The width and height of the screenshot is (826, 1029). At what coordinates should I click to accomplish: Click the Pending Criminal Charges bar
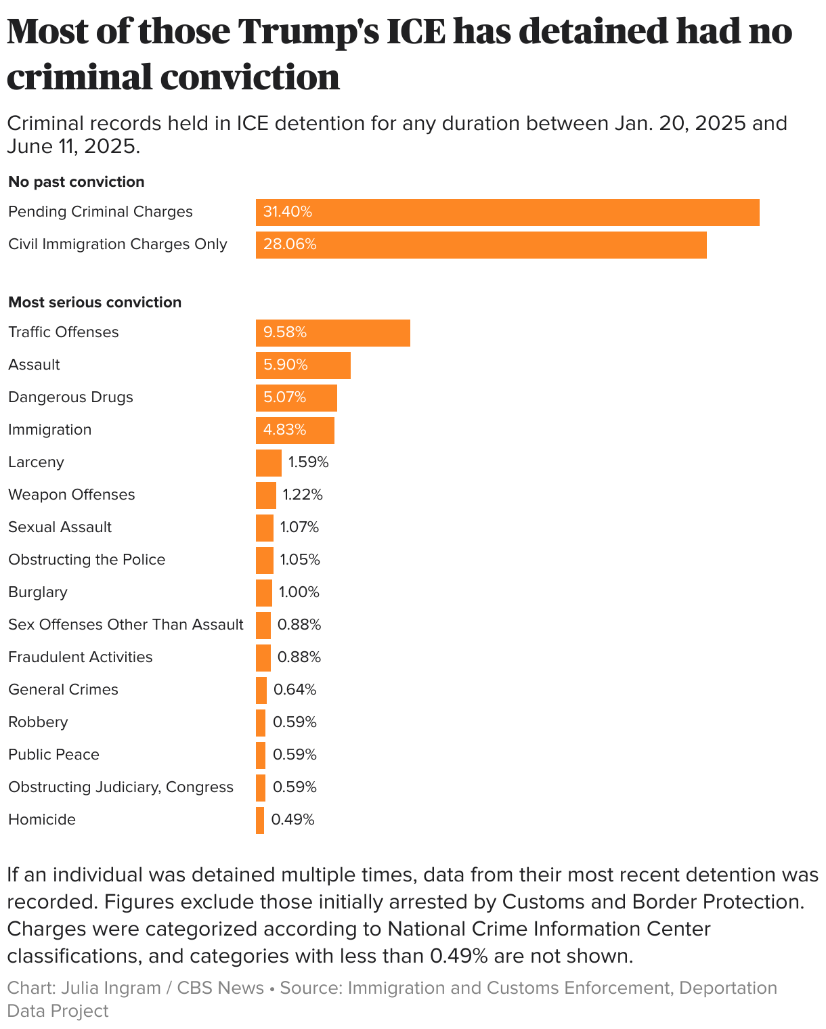point(508,212)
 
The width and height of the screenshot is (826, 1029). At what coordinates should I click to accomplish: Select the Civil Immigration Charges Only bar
point(481,244)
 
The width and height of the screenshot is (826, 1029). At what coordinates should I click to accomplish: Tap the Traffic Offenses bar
point(333,332)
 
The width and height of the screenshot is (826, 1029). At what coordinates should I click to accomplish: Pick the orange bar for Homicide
point(260,820)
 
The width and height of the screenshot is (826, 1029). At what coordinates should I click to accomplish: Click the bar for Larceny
point(268,462)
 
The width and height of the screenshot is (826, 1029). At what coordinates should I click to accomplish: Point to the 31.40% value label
point(288,212)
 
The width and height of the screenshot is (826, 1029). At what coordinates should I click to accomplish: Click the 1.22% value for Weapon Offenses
point(303,495)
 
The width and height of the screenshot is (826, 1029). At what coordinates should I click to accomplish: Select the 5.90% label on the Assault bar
point(286,365)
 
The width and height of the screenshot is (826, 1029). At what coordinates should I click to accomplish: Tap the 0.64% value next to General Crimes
point(295,690)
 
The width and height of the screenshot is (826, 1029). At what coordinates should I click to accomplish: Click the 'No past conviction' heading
point(77,181)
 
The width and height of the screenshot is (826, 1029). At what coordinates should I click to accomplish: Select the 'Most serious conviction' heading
point(95,302)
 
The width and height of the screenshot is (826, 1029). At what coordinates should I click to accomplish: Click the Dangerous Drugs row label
point(70,397)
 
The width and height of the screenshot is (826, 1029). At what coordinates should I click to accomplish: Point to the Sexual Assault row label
point(60,527)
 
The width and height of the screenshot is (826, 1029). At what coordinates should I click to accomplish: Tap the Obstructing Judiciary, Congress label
point(121,787)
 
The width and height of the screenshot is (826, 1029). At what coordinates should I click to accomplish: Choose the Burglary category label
point(38,592)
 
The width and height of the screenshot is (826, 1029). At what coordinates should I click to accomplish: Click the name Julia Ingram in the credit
point(110,988)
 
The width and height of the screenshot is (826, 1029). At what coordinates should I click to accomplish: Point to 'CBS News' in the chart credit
point(220,988)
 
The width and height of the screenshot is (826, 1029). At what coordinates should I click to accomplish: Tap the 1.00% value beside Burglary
point(299,592)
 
